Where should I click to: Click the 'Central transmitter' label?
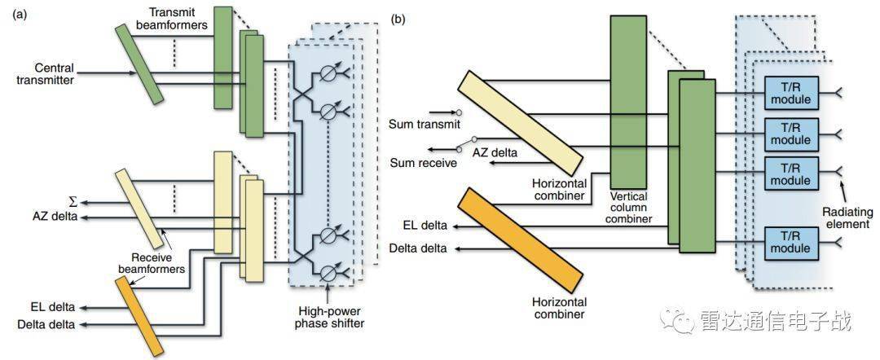coord(64,73)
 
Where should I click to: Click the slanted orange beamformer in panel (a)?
coord(136,314)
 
